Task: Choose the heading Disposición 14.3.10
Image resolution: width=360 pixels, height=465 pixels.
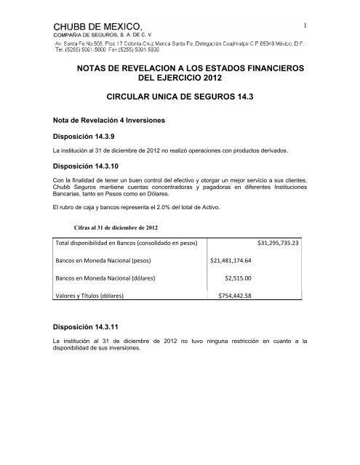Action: tap(86, 166)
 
